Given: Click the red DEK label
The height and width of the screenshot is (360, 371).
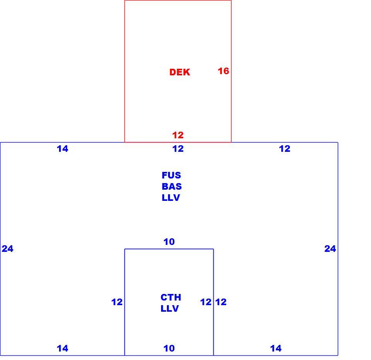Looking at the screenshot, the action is tap(180, 72).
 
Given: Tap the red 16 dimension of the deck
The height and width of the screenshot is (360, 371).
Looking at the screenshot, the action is tap(223, 71).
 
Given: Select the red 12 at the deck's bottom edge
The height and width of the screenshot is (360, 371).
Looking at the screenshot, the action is tap(178, 135).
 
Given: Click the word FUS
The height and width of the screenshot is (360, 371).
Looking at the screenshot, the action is tap(171, 175).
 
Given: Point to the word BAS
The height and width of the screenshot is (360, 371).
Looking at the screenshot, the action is tap(172, 187).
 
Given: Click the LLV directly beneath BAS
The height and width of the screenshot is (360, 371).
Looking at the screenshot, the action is tap(171, 197).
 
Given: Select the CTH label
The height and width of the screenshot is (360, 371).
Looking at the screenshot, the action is tap(171, 297).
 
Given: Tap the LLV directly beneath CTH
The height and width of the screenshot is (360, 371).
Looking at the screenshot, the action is tap(170, 309).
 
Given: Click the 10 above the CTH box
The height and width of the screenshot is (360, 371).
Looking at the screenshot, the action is tap(169, 242).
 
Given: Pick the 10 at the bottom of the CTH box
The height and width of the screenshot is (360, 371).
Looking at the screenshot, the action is tap(169, 348).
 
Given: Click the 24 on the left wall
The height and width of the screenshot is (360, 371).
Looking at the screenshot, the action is tap(8, 249).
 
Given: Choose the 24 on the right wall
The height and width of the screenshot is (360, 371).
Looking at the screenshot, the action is tap(330, 249).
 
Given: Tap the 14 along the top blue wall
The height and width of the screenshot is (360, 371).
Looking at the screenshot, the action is tap(63, 149).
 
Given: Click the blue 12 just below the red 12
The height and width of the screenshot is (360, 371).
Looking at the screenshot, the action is tap(178, 149).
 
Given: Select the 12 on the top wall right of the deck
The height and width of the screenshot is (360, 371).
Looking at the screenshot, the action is tap(285, 149).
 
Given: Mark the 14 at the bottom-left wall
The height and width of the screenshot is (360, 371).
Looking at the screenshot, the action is tap(63, 348).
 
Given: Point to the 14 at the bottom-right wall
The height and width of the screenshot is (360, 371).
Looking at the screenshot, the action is tap(276, 348).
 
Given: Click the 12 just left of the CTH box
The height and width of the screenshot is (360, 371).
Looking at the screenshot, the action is tap(117, 302).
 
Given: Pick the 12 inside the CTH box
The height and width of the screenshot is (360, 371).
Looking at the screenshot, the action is tap(206, 302).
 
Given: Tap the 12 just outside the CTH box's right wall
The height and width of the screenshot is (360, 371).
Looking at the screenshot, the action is tap(221, 302).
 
